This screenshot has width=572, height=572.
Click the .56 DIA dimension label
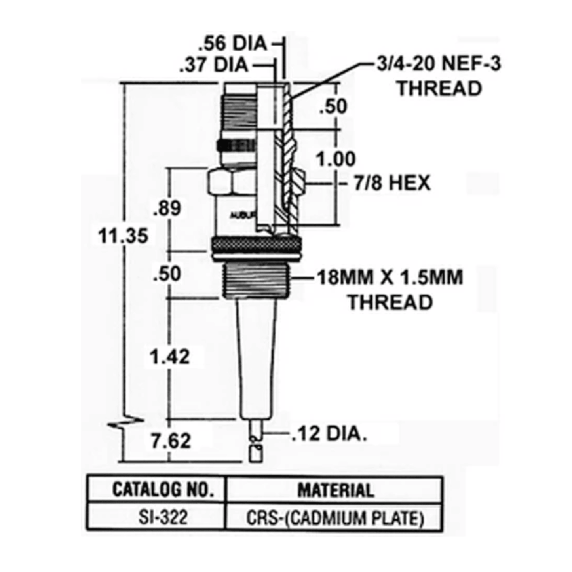click(x=233, y=44)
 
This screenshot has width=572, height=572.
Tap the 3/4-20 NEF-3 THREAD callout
click(x=439, y=76)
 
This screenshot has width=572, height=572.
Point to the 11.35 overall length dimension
click(x=123, y=236)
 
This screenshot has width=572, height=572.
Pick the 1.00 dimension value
click(x=335, y=159)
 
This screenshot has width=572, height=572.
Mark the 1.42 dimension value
click(x=170, y=357)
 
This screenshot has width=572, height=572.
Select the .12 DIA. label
click(x=329, y=434)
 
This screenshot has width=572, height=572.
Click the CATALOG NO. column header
click(x=163, y=490)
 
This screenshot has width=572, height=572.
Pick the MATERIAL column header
click(x=335, y=490)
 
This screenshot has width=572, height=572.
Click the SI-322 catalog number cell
click(x=163, y=517)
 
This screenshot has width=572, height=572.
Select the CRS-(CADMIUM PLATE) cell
click(x=335, y=518)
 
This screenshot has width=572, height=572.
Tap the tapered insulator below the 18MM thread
click(x=257, y=356)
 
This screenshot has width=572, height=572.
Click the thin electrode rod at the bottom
click(x=256, y=439)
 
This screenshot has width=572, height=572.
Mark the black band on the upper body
click(x=236, y=145)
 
